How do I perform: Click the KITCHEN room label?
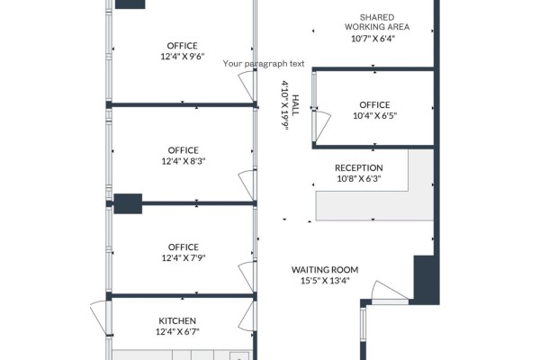pos(177,320)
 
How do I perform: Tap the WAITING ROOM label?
pos(325,270)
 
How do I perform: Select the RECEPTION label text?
pos(359,167)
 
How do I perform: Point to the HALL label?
pos(295,105)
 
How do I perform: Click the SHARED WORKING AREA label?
pos(377,22)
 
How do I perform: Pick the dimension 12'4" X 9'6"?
pos(183,57)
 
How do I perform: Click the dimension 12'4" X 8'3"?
pos(184,161)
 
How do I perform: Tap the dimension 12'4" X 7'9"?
pos(184,257)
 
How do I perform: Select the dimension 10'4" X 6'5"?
pos(375,116)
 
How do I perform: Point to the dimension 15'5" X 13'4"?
pos(325,281)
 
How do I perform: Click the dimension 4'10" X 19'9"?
pos(285,105)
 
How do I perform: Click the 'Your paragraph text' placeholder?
pos(264,64)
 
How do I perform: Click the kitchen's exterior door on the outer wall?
pos(98,317)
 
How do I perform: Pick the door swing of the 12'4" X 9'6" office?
pos(247,85)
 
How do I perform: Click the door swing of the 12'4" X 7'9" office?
pos(247,275)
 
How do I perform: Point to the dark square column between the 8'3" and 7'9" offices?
pos(128,203)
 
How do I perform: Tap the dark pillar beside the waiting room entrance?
pos(426,280)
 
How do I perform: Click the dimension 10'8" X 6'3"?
pos(359,179)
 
